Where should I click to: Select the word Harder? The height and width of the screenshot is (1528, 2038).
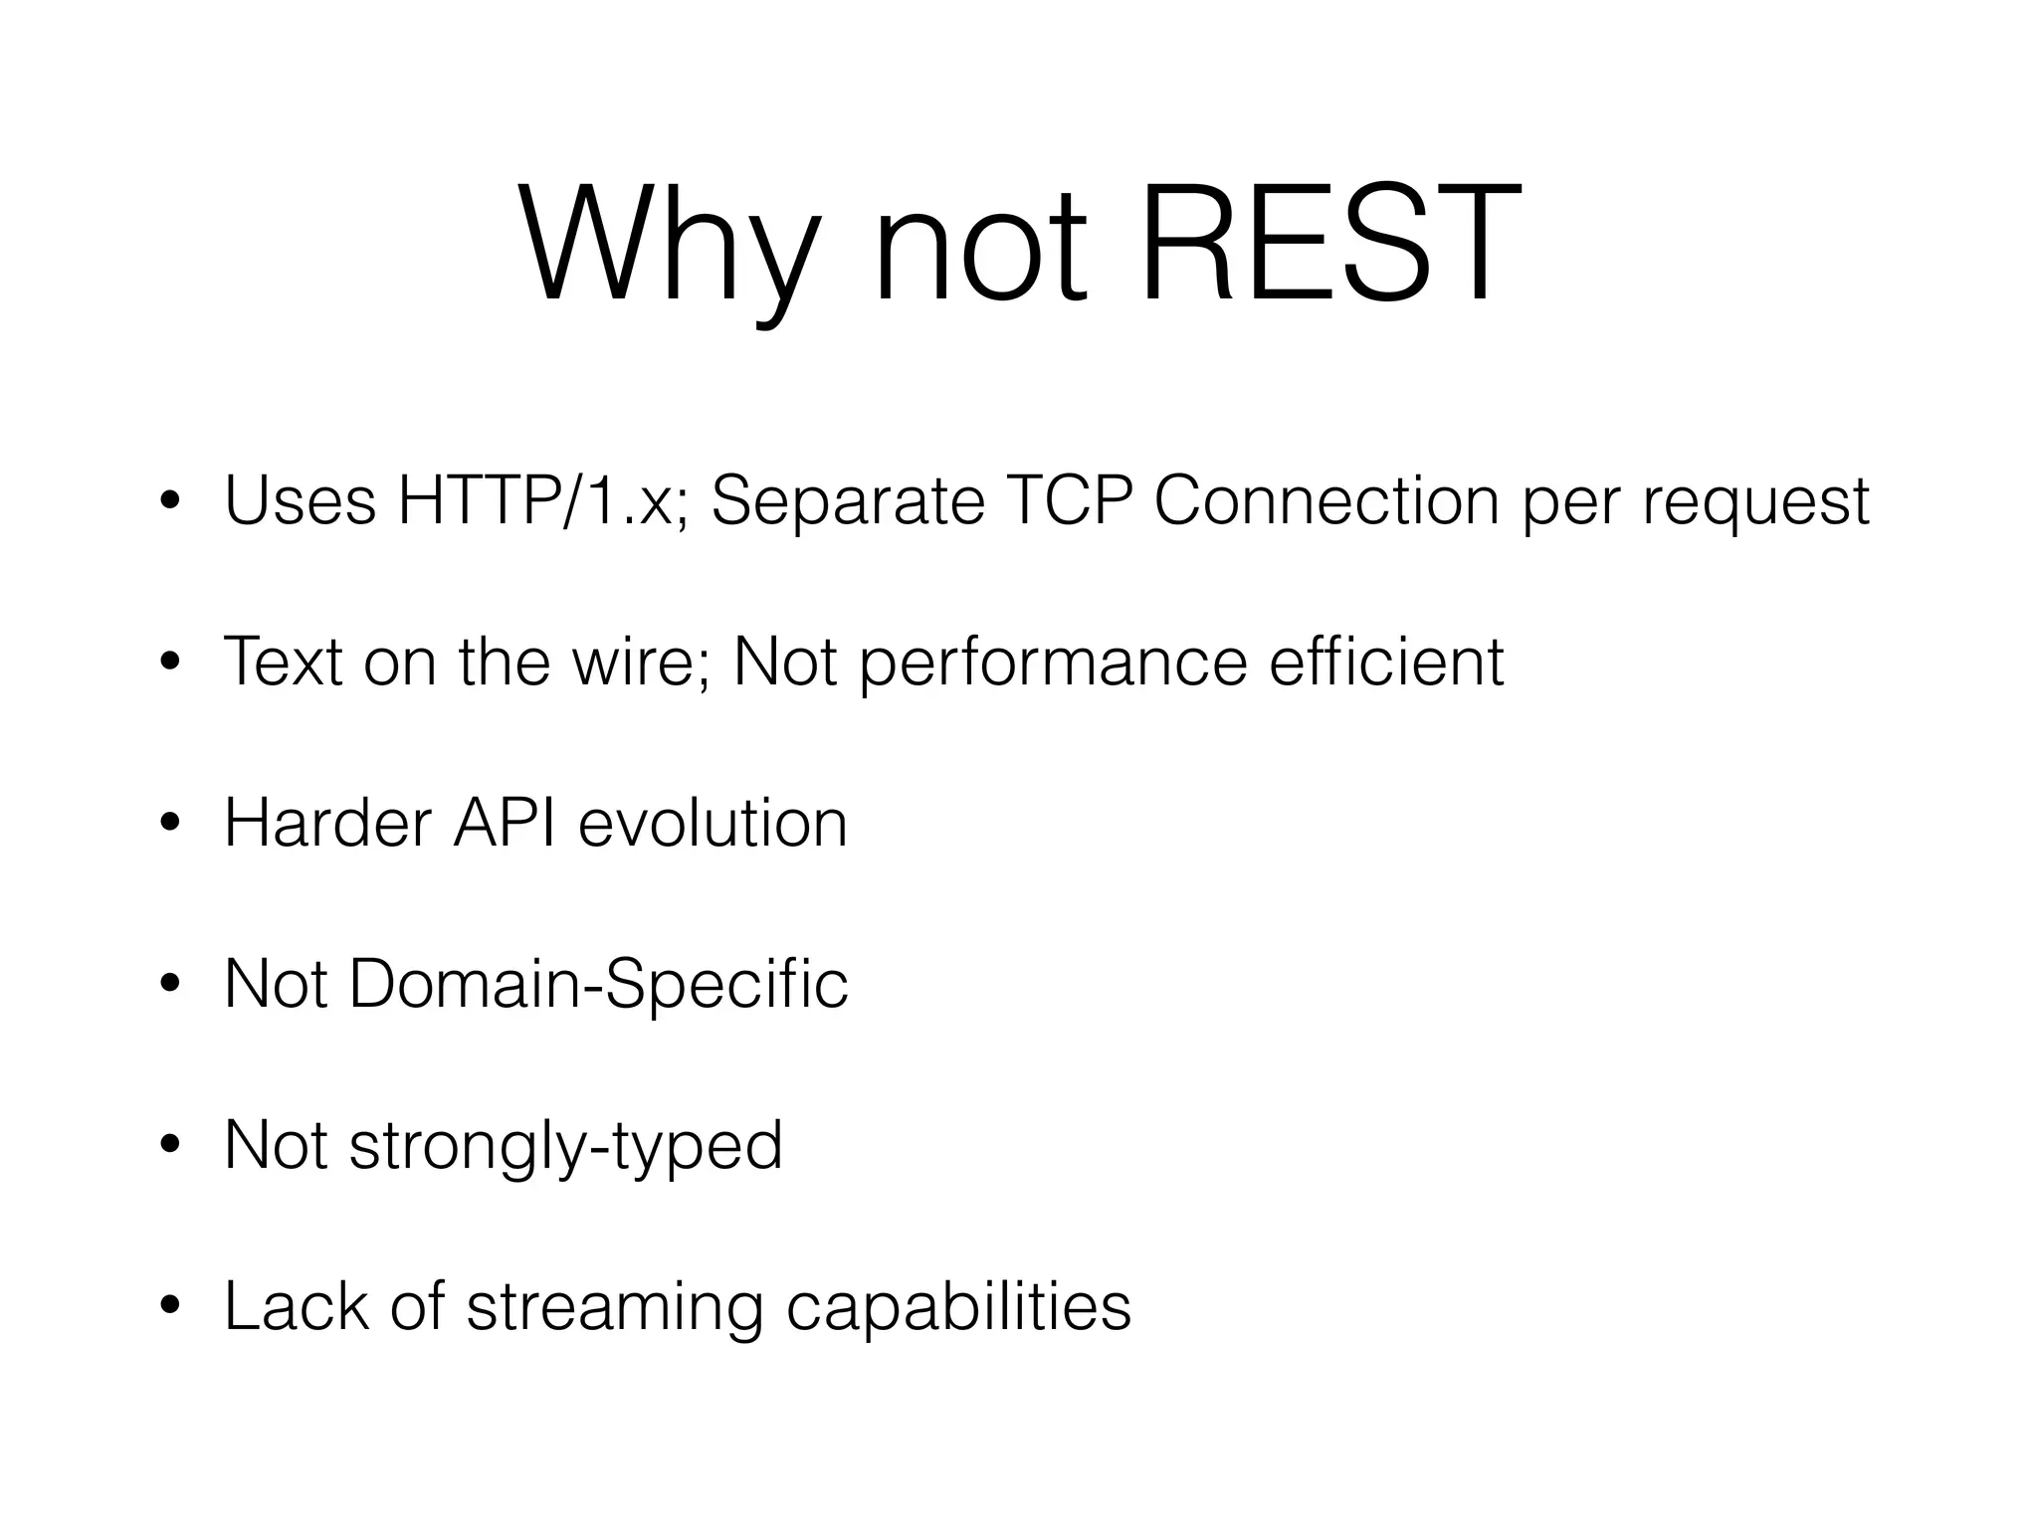pos(327,823)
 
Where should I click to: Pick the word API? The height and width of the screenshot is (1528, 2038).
pos(504,823)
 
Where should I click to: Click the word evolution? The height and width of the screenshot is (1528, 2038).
pos(713,823)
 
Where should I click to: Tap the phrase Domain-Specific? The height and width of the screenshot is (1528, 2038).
pos(598,985)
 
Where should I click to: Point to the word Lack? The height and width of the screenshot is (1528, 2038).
pos(297,1306)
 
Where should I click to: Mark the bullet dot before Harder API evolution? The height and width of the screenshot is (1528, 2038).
pos(171,824)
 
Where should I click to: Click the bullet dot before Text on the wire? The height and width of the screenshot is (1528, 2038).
pos(171,663)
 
